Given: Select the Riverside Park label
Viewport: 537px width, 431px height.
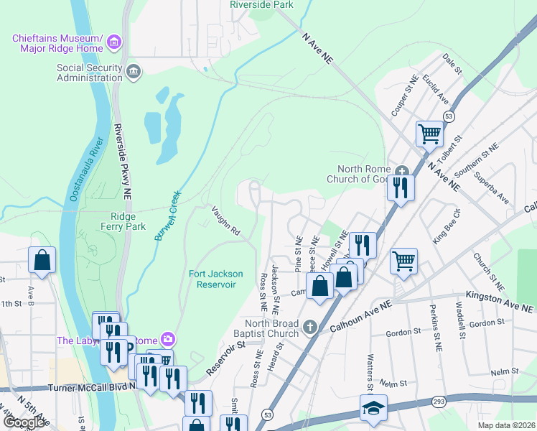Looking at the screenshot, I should [x=261, y=4].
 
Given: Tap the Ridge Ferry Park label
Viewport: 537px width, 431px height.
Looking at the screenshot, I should [x=129, y=221].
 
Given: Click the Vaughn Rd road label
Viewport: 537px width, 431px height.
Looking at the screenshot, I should [x=225, y=221].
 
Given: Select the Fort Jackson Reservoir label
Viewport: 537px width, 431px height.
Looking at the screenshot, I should [x=216, y=279].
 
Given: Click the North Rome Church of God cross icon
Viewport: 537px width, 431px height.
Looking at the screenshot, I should [x=402, y=171].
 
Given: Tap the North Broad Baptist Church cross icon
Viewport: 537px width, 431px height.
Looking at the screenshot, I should [x=310, y=327].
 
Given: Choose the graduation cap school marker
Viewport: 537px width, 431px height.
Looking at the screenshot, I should [x=373, y=407].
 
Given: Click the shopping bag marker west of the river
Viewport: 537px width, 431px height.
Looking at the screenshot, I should [x=42, y=259].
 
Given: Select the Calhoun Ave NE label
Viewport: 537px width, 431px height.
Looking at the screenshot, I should [x=360, y=317].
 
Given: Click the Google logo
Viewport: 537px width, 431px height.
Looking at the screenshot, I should [x=24, y=423].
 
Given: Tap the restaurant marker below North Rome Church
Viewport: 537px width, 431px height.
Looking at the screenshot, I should [x=398, y=188].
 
